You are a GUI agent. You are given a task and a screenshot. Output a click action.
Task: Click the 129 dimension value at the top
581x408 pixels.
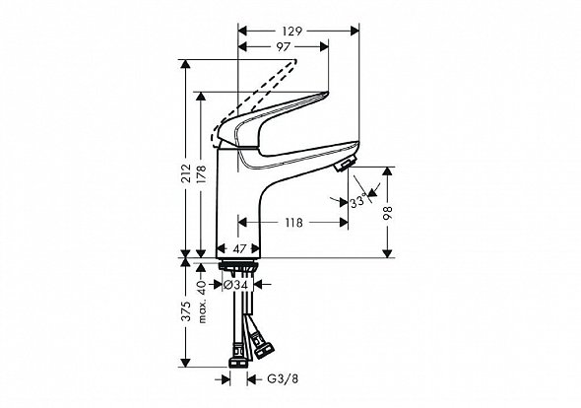(292, 32)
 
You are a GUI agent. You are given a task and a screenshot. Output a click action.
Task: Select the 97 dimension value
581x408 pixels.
(283, 47)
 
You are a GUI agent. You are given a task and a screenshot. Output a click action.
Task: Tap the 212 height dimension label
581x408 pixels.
(187, 172)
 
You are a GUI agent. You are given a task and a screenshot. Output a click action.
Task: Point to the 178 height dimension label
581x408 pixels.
(202, 174)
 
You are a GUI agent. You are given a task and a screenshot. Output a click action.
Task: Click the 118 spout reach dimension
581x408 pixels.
(293, 223)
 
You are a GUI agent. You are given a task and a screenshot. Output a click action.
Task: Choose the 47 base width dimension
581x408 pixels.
(239, 249)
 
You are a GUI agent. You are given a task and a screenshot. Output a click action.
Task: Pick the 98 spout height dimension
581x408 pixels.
(388, 213)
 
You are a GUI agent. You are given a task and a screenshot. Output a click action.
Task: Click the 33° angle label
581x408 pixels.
(358, 201)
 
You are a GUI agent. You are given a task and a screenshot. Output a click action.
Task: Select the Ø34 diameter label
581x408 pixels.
(237, 285)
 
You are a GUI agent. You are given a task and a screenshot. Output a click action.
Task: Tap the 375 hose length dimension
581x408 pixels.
(187, 310)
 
